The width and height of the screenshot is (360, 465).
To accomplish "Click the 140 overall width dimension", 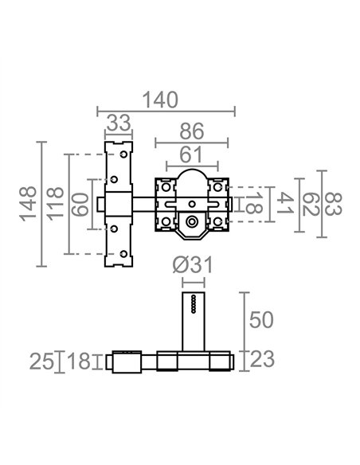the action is (160, 100).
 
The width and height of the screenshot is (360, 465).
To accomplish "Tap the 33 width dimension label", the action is (119, 123).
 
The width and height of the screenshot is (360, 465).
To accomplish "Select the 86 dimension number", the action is (192, 131).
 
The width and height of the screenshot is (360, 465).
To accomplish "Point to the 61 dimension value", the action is (190, 154).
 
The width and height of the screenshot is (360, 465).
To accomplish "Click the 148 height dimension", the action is (28, 204).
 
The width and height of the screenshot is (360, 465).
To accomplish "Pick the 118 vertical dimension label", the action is (56, 204).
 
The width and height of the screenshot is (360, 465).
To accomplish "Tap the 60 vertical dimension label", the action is (80, 205).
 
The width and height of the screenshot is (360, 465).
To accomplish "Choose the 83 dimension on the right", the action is (333, 204).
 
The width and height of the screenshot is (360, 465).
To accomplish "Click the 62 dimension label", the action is (311, 204).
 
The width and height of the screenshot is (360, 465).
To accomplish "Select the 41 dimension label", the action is (285, 203).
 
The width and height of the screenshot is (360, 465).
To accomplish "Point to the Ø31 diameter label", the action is (193, 265).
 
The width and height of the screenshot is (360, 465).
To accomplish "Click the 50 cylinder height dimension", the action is (261, 320).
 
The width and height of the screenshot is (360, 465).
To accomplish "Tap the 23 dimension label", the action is (262, 359).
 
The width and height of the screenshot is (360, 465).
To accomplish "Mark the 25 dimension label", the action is (42, 361).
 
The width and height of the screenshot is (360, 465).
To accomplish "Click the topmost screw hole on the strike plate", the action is (123, 154).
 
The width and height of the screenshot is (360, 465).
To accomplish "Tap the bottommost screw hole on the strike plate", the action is (123, 254).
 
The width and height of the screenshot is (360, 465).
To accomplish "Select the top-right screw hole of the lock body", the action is (217, 187).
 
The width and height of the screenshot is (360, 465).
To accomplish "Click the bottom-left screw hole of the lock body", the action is (166, 221).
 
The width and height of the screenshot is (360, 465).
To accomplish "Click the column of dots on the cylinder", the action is (194, 303).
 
